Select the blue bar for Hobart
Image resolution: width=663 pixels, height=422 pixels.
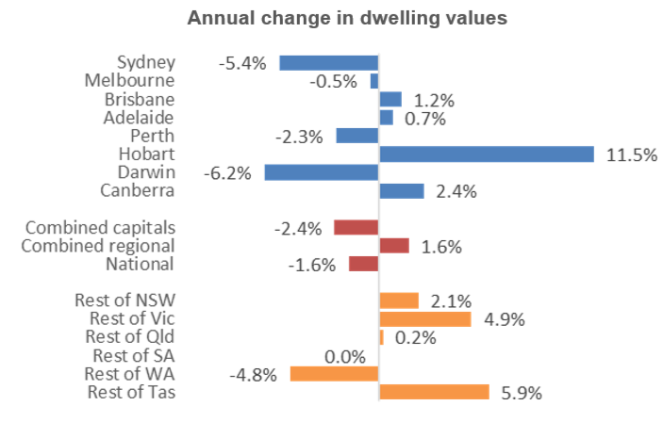pos(486,154)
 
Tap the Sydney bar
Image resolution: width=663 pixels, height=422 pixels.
pos(328,63)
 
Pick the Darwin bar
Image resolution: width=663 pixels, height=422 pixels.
pos(321,172)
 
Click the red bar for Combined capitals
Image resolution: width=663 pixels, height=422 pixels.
pos(356,227)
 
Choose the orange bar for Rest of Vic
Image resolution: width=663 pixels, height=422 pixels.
pos(424,319)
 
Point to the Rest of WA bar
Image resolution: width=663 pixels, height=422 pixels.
pos(334,374)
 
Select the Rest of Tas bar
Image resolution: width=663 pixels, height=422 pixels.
pos(434,392)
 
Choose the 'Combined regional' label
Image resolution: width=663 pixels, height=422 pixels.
pos(99,246)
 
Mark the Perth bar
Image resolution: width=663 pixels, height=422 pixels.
pos(356,136)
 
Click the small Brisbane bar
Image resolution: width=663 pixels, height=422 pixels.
pos(390,99)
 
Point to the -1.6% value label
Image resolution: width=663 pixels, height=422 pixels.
pos(311,265)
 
